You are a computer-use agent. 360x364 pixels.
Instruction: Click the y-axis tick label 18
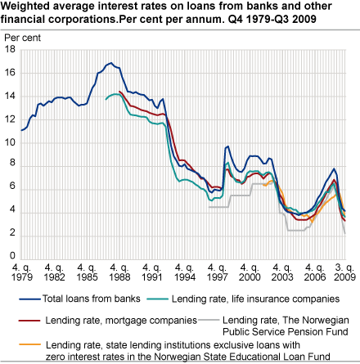[x=10, y=49]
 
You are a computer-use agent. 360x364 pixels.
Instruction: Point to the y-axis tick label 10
[x=10, y=142]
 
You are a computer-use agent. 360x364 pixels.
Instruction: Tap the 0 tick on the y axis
[x=12, y=255]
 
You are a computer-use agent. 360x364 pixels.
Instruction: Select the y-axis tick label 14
[x=10, y=96]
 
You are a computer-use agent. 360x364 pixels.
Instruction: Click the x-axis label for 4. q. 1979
[x=22, y=272]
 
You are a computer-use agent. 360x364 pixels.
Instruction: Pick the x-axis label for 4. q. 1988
[x=119, y=272]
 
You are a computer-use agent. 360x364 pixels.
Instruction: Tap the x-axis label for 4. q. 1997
[x=217, y=272]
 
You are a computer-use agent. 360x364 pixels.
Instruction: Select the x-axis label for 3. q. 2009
[x=344, y=272]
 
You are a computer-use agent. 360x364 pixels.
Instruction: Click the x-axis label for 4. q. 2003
[x=282, y=272]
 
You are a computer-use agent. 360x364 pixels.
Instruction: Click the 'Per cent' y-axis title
[x=22, y=38]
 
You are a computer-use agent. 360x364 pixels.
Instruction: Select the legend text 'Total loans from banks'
[x=92, y=299]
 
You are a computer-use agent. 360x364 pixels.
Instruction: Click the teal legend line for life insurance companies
[x=158, y=299]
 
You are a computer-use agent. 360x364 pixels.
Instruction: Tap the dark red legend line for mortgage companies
[x=29, y=321]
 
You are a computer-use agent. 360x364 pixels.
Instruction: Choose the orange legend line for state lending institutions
[x=30, y=344]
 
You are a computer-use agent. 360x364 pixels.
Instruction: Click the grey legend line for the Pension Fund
[x=209, y=320]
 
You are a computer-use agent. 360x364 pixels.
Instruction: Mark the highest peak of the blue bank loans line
[x=110, y=63]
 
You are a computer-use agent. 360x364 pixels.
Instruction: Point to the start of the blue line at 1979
[x=21, y=130]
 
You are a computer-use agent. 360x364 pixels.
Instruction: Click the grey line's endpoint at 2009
[x=345, y=233]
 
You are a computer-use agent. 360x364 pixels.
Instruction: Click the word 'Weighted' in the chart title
[x=25, y=6]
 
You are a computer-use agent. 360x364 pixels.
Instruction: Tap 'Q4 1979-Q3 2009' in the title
[x=272, y=19]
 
